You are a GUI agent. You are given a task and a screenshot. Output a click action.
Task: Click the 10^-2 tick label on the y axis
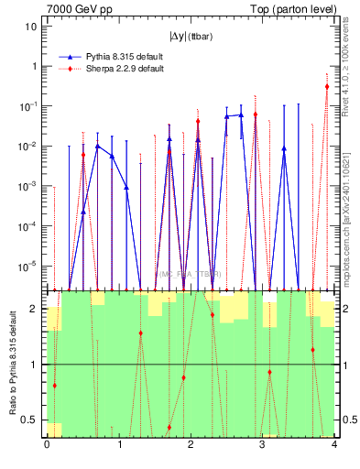(27, 147)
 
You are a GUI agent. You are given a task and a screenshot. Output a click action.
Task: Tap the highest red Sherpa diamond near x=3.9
(327, 87)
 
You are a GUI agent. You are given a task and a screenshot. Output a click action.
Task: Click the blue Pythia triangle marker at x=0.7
(97, 146)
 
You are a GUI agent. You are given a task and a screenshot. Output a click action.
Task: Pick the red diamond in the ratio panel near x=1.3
(140, 333)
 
